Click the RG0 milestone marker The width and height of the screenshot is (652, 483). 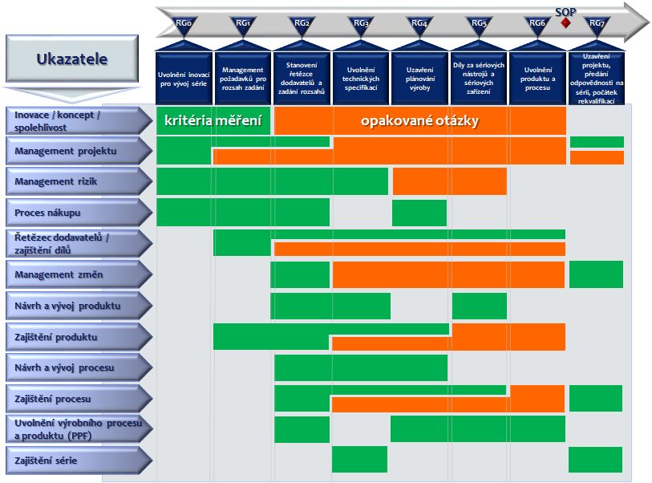click(x=184, y=25)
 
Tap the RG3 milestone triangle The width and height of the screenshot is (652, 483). click(x=361, y=25)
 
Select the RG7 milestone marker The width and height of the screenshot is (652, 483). click(x=597, y=25)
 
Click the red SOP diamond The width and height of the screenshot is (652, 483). click(x=566, y=23)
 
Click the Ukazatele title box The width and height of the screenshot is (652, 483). click(x=71, y=59)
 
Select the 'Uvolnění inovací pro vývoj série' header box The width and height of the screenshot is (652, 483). click(x=184, y=78)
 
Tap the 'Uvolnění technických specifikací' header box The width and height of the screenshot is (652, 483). click(x=361, y=78)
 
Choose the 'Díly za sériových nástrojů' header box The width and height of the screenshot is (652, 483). click(x=479, y=78)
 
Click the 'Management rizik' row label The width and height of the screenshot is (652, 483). click(x=78, y=181)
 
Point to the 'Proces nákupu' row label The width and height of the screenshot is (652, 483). click(x=78, y=213)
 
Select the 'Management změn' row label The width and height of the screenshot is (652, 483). click(x=78, y=275)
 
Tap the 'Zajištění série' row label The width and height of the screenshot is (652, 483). click(x=78, y=460)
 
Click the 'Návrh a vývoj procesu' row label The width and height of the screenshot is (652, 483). click(x=78, y=367)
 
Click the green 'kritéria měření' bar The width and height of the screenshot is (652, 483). click(x=213, y=120)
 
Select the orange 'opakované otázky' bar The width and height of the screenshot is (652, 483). click(x=419, y=120)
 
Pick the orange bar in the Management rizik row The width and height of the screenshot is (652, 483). click(x=449, y=181)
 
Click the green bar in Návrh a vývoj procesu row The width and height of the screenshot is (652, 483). click(x=361, y=367)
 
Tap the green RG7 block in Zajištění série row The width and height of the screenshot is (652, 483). click(x=595, y=460)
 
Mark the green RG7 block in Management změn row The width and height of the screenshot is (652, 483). click(x=596, y=274)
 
